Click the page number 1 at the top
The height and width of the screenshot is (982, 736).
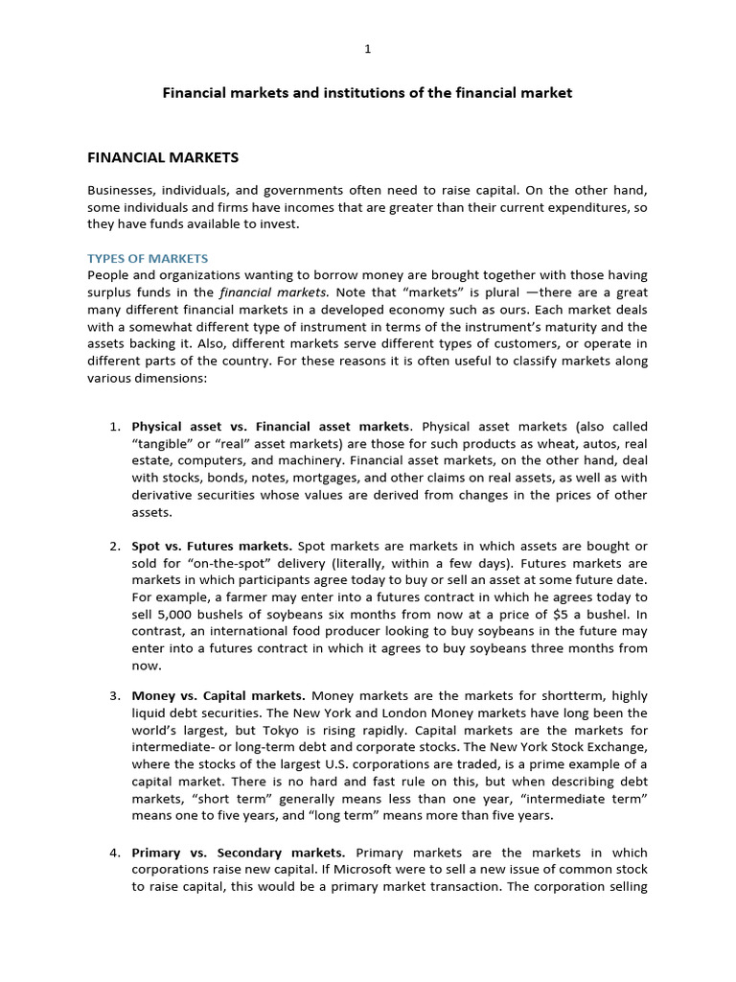click(x=367, y=49)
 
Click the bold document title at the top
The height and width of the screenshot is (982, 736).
click(x=367, y=93)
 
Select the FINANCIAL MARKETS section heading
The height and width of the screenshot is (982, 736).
click(x=163, y=156)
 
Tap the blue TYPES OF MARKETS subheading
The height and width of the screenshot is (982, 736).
click(x=148, y=259)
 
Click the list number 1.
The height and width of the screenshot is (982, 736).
click(x=114, y=426)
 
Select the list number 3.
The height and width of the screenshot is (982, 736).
click(x=114, y=695)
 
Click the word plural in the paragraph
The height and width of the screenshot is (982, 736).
click(x=503, y=292)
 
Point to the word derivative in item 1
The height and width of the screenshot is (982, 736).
click(x=164, y=495)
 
